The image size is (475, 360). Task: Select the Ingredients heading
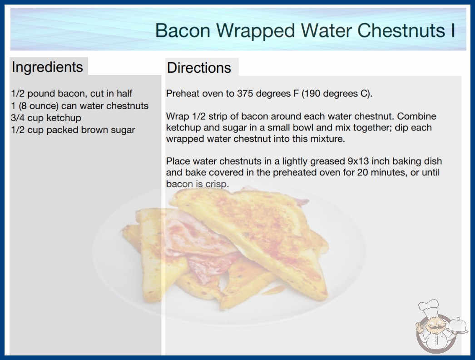[47, 67]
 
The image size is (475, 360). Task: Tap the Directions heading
[199, 68]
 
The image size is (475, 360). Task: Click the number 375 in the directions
[245, 94]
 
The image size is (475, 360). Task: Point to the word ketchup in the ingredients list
[64, 118]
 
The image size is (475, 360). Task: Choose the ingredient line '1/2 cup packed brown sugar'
[73, 130]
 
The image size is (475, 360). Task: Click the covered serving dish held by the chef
[457, 326]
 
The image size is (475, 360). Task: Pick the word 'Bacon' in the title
[183, 30]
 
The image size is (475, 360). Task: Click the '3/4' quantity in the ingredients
[18, 118]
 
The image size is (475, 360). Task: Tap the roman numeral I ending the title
[453, 30]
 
